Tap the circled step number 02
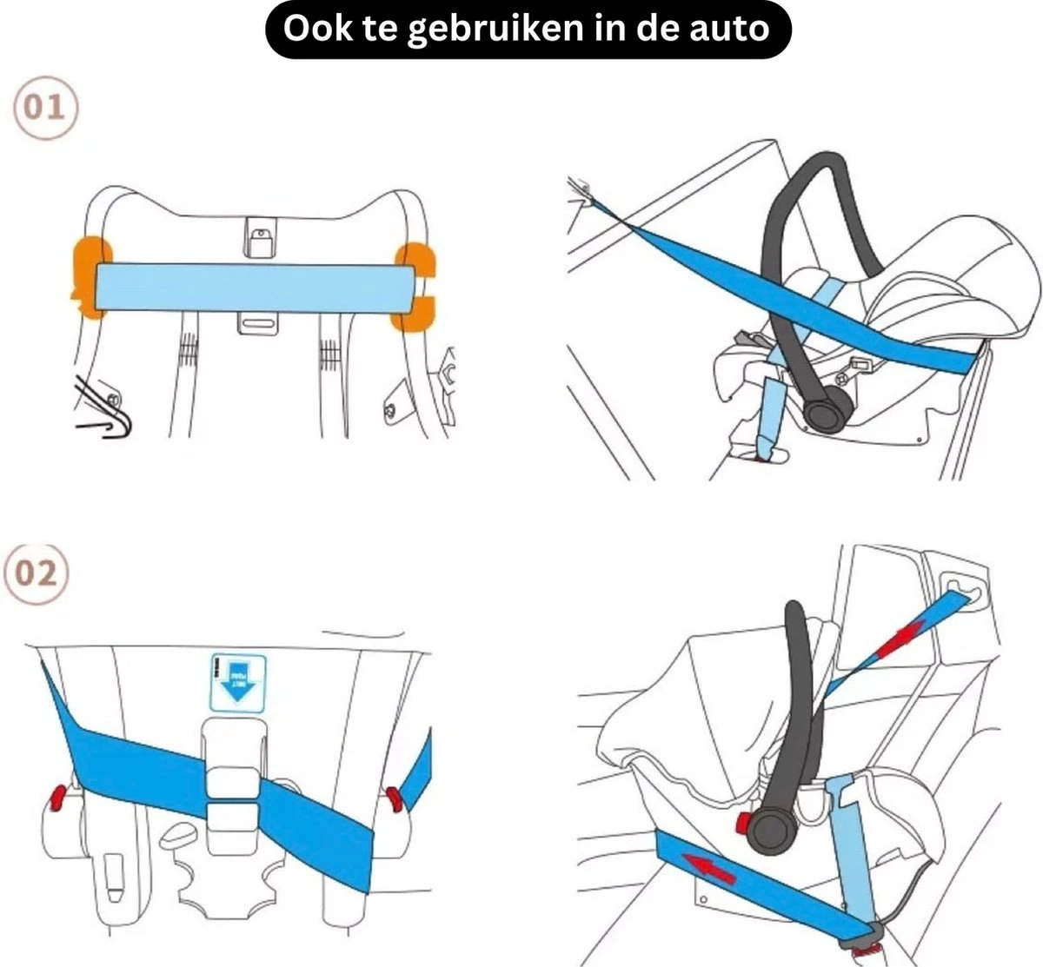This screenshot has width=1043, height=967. pos(37,574)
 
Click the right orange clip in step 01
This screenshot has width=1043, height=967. pos(415,287)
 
